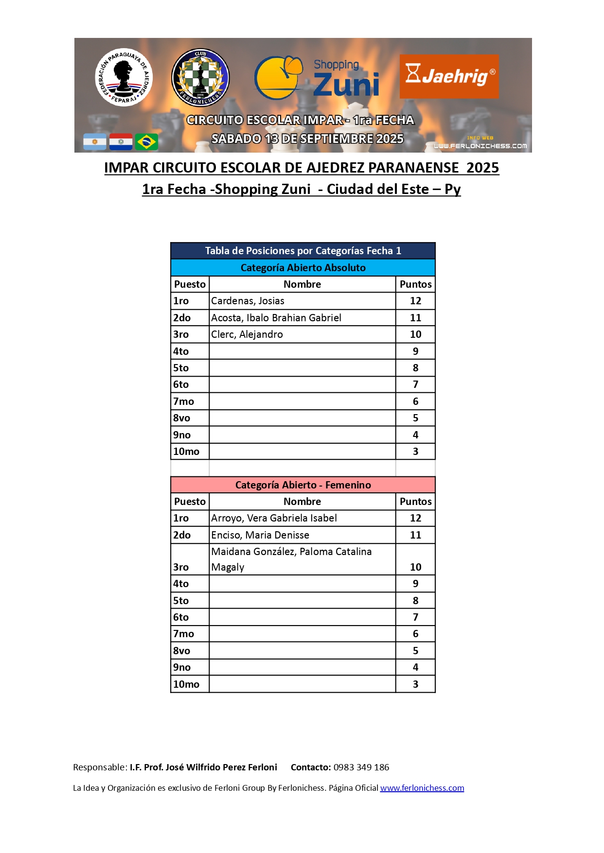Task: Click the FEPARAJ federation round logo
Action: pyautogui.click(x=124, y=77)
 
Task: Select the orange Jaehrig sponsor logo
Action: pyautogui.click(x=449, y=76)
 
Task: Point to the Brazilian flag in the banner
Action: pyautogui.click(x=146, y=142)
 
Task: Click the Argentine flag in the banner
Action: pyautogui.click(x=95, y=142)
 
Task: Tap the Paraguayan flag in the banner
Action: pyautogui.click(x=121, y=142)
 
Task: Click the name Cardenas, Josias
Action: pyautogui.click(x=248, y=301)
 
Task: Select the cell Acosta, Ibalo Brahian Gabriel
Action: pyautogui.click(x=276, y=318)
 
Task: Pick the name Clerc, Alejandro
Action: pyautogui.click(x=247, y=334)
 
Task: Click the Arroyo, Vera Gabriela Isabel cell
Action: pyautogui.click(x=274, y=518)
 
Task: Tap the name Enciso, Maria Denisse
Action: pyautogui.click(x=260, y=535)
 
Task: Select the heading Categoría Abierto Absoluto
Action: pyautogui.click(x=302, y=268)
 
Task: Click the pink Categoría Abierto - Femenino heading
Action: pyautogui.click(x=302, y=485)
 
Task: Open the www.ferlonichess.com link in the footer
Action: pyautogui.click(x=422, y=788)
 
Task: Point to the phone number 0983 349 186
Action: pyautogui.click(x=361, y=767)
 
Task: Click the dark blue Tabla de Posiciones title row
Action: pyautogui.click(x=302, y=251)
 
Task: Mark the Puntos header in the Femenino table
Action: pyautogui.click(x=415, y=502)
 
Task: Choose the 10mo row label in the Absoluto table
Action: pyautogui.click(x=186, y=452)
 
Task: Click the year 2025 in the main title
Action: pyautogui.click(x=482, y=168)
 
